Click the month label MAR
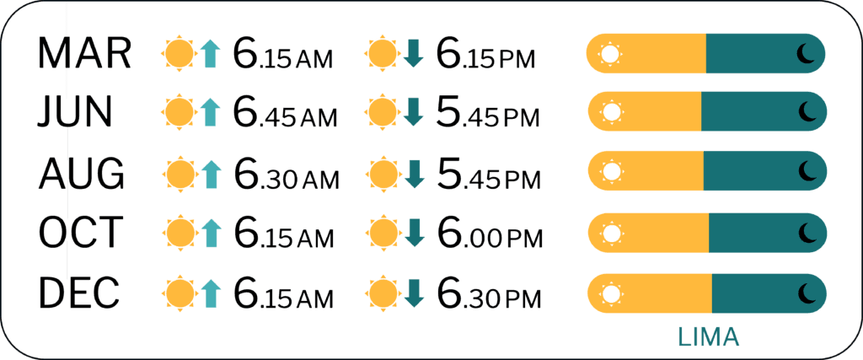click(84, 53)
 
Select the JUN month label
click(75, 112)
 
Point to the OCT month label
click(79, 232)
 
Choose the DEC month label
click(78, 292)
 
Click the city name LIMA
click(708, 337)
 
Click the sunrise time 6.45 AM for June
click(285, 112)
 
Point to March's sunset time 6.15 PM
click(485, 53)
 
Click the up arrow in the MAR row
click(210, 54)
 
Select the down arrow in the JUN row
click(413, 112)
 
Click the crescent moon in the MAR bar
click(805, 54)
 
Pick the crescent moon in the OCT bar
click(807, 233)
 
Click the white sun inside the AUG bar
click(610, 172)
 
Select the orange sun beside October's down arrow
click(384, 233)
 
